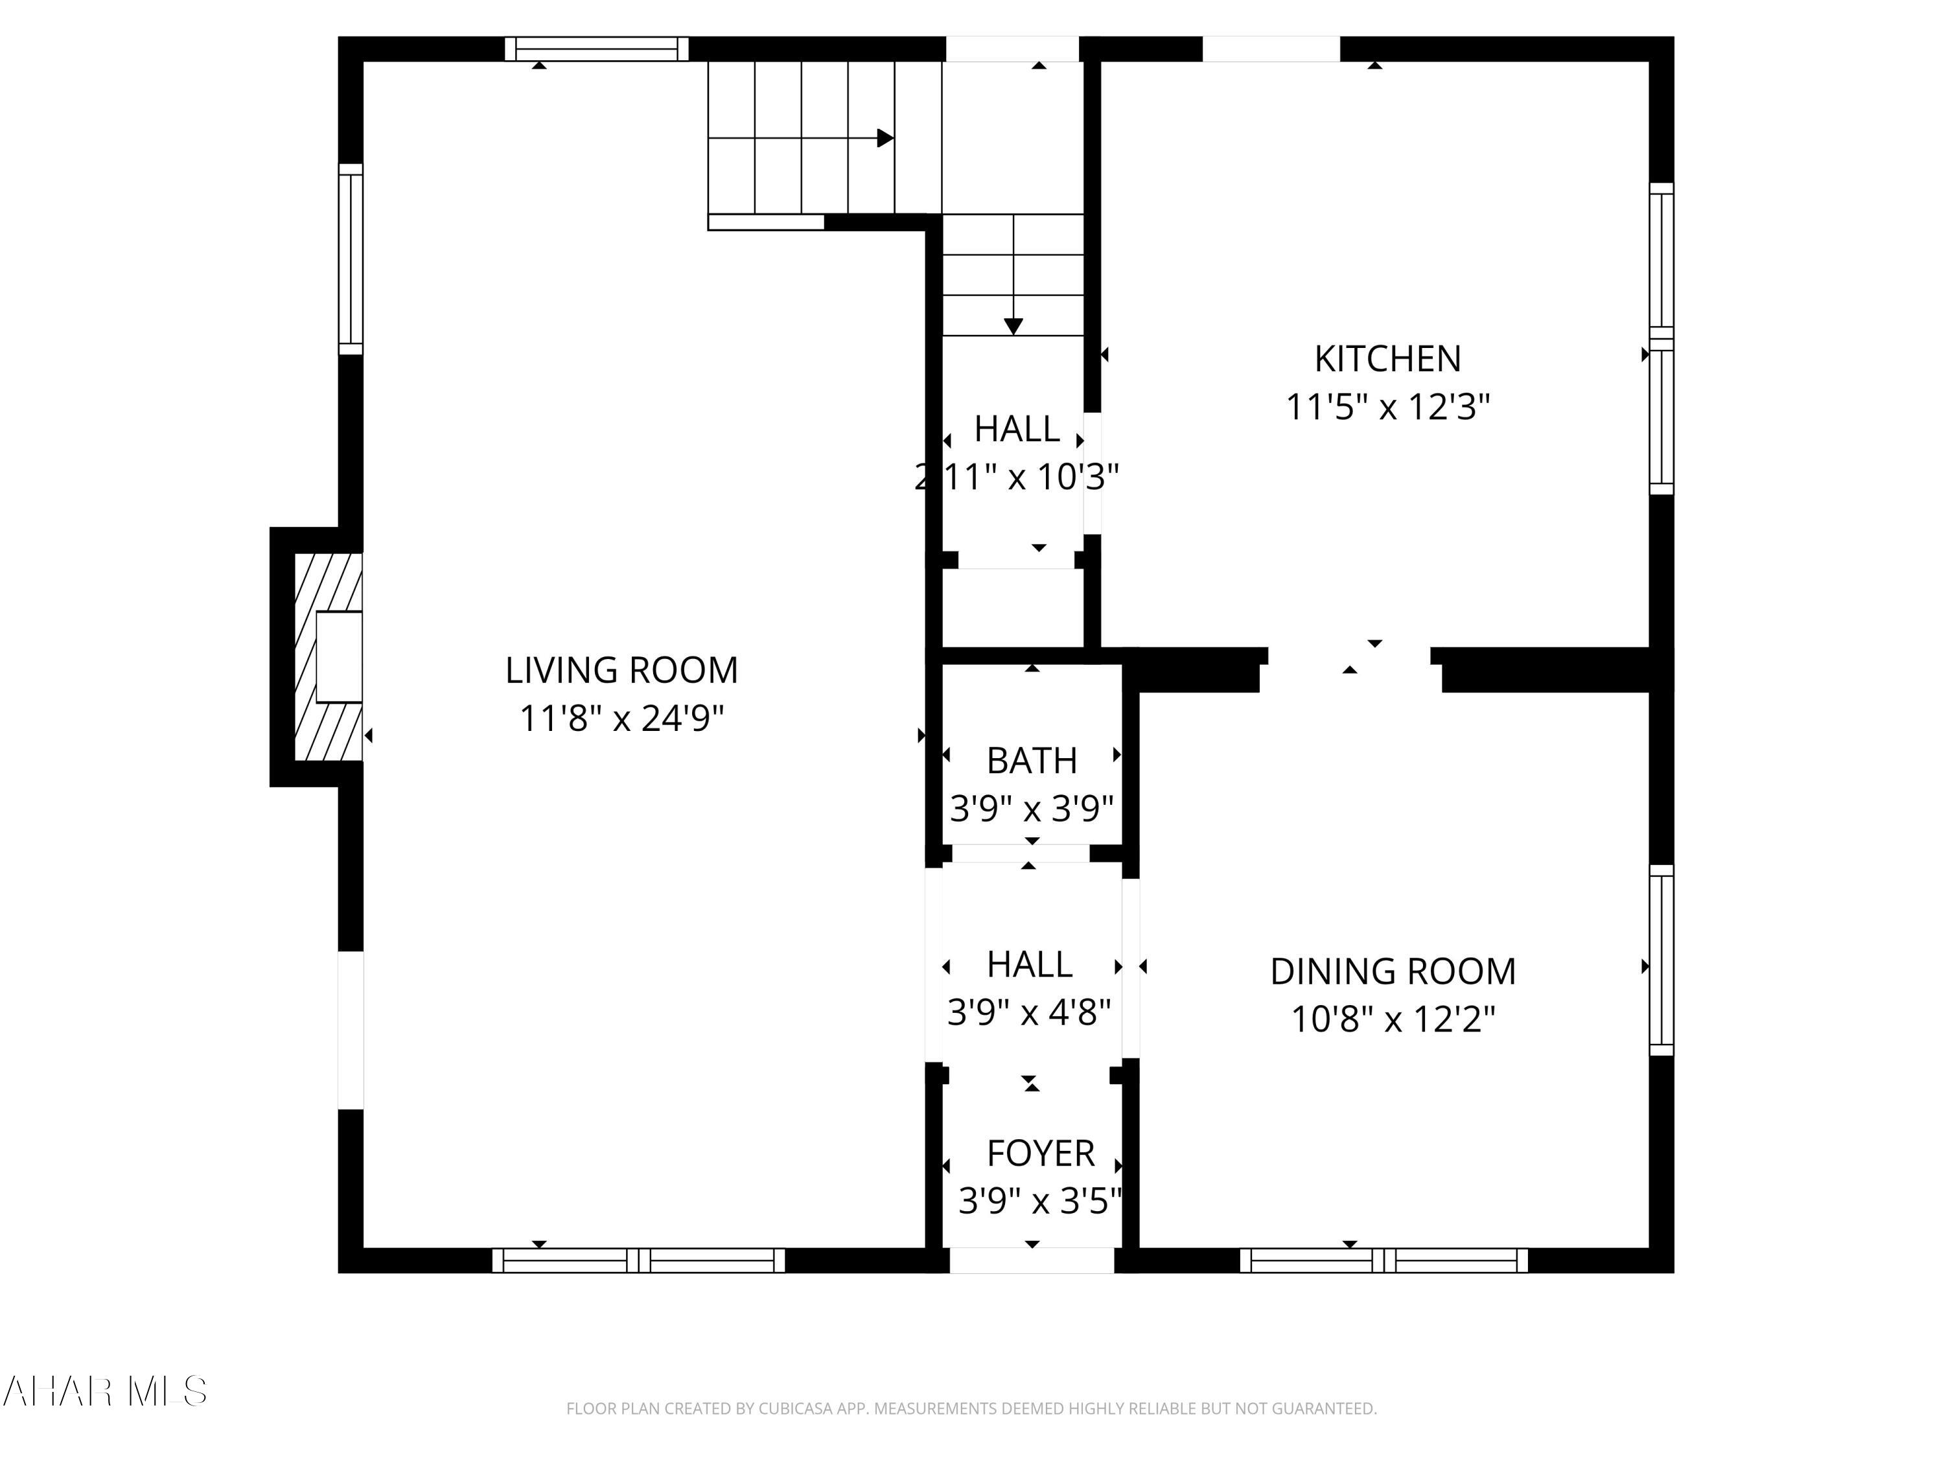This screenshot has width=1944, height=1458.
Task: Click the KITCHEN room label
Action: tap(1387, 358)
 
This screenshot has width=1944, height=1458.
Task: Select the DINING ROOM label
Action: tap(1392, 972)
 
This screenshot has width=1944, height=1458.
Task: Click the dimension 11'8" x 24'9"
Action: tap(621, 719)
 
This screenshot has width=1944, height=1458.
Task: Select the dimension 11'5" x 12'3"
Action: tap(1387, 407)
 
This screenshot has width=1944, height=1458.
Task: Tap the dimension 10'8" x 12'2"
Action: tap(1392, 1019)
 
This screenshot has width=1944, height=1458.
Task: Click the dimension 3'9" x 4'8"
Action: tap(1028, 1013)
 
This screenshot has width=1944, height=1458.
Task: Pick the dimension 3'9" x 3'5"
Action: tap(1039, 1201)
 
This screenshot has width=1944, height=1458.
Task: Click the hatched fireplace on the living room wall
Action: tap(328, 656)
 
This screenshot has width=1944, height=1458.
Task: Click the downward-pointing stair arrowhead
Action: tap(1013, 326)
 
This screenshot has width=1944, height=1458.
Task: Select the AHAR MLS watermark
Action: tap(104, 1391)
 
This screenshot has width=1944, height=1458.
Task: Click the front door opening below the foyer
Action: tap(1032, 1260)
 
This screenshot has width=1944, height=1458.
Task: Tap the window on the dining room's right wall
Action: tap(1661, 960)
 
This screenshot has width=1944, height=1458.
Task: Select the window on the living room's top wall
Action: tap(596, 49)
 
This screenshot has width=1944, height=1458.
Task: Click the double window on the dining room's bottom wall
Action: tap(1383, 1260)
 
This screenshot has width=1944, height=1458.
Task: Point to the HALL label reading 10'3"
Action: tap(1016, 430)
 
